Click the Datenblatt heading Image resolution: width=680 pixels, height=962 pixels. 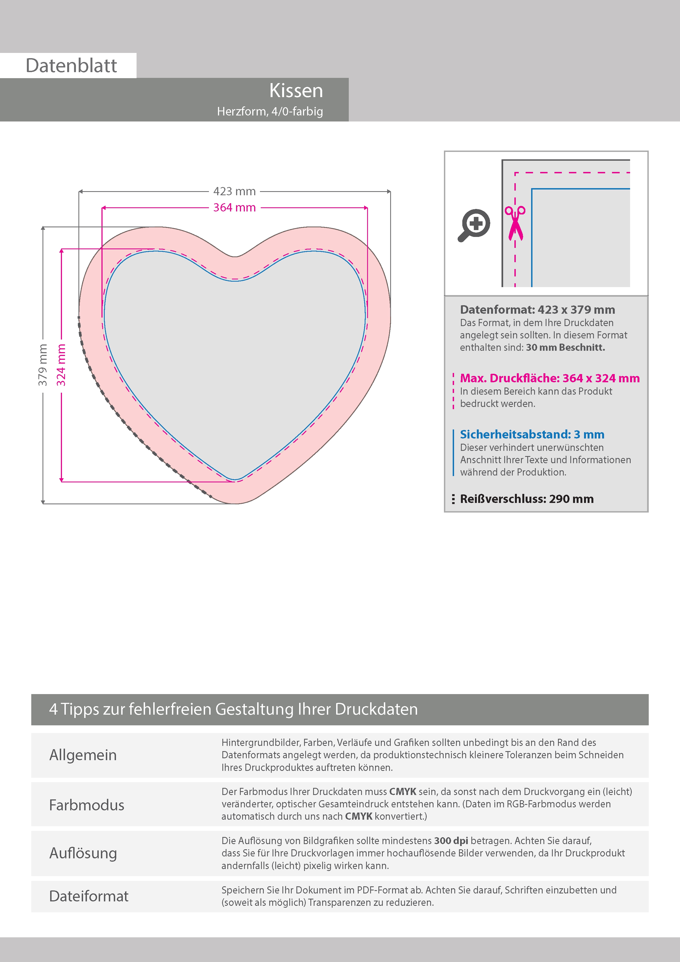pyautogui.click(x=71, y=66)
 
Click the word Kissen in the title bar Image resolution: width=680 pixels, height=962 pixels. pyautogui.click(x=296, y=90)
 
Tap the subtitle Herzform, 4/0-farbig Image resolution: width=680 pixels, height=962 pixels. pyautogui.click(x=270, y=111)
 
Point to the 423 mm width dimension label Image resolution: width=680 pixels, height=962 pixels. pyautogui.click(x=234, y=191)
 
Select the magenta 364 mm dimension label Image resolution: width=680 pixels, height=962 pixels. pyautogui.click(x=234, y=207)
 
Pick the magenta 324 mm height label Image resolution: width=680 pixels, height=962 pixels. pyautogui.click(x=61, y=364)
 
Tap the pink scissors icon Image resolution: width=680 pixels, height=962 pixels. pyautogui.click(x=515, y=223)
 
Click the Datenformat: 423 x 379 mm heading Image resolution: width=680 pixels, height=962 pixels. pyautogui.click(x=537, y=310)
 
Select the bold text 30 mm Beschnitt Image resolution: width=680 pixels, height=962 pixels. pyautogui.click(x=565, y=347)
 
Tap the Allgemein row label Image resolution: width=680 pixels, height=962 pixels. pyautogui.click(x=83, y=755)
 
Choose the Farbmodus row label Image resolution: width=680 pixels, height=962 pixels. pyautogui.click(x=87, y=805)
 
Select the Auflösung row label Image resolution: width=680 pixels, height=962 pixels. pyautogui.click(x=83, y=853)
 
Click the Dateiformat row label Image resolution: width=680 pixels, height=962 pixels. pyautogui.click(x=89, y=896)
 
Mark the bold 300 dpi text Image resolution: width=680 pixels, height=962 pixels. pyautogui.click(x=451, y=841)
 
